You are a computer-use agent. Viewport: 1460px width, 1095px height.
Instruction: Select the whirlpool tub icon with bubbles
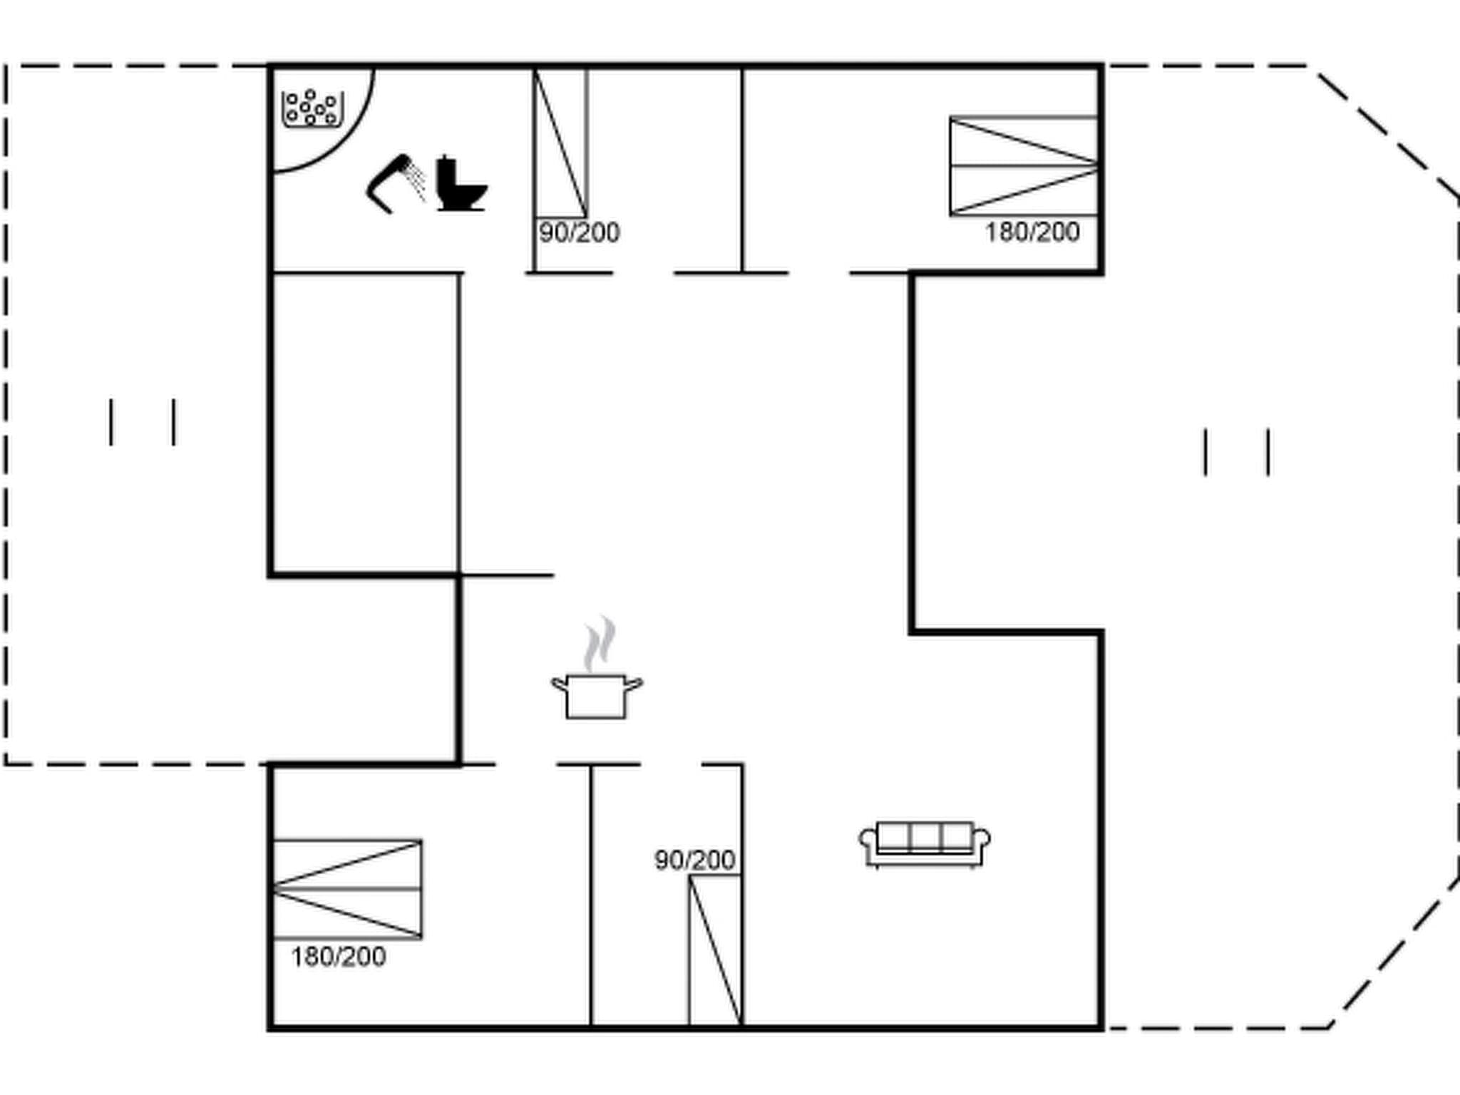pos(312,108)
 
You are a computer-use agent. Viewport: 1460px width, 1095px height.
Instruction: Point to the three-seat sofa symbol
pos(924,844)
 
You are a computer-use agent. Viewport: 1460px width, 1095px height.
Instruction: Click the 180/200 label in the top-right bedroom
pos(1032,232)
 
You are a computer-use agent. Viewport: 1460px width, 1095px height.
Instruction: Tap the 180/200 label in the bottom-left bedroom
pos(339,957)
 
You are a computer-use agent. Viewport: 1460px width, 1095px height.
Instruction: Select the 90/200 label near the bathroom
pos(579,232)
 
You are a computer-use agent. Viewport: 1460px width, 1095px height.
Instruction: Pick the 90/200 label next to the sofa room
pos(694,860)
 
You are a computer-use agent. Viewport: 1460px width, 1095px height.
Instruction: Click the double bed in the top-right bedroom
pos(1023,165)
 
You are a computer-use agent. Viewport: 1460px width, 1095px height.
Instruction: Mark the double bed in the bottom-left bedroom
pos(347,889)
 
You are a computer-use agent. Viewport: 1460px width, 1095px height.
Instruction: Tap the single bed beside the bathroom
pos(560,143)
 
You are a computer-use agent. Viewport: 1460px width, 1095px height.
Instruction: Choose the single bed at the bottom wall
pos(715,950)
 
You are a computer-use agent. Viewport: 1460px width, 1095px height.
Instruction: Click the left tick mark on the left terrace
pos(111,422)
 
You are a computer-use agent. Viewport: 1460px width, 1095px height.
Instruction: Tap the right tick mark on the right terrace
pos(1268,451)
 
